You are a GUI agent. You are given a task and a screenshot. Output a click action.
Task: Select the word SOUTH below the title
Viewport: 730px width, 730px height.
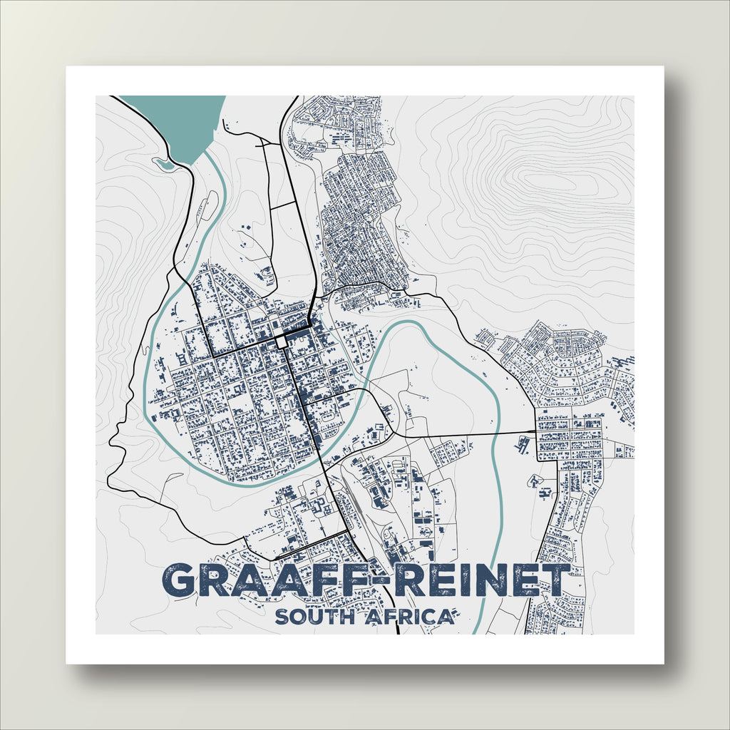(x=314, y=617)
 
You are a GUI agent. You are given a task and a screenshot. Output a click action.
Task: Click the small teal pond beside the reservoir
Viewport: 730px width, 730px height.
(x=163, y=164)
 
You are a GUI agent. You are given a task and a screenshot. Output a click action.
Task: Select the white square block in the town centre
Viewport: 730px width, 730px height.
(x=282, y=343)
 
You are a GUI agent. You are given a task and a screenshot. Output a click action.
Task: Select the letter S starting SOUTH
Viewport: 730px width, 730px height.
(x=282, y=617)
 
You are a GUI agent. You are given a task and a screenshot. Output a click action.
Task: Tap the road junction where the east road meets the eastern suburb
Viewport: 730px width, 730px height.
(x=536, y=431)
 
